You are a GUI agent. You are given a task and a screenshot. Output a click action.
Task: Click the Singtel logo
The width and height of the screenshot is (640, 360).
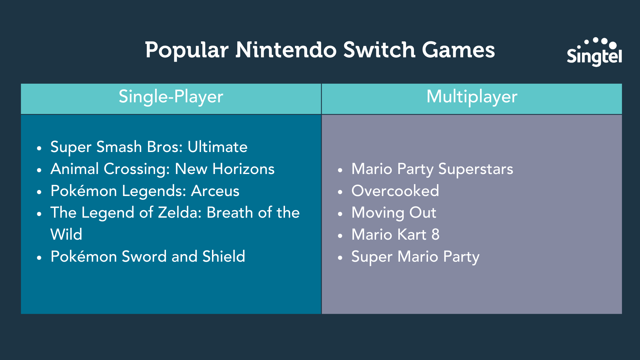pyautogui.click(x=594, y=52)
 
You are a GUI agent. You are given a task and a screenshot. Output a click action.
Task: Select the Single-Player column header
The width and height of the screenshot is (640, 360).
pyautogui.click(x=171, y=97)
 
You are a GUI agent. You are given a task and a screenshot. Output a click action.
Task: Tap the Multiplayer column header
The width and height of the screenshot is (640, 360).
pyautogui.click(x=472, y=97)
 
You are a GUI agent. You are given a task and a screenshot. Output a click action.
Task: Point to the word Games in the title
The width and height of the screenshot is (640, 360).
pyautogui.click(x=458, y=50)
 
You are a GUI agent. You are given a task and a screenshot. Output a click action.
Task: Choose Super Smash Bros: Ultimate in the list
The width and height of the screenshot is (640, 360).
pyautogui.click(x=149, y=147)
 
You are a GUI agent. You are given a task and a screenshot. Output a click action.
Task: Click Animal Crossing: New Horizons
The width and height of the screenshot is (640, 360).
pyautogui.click(x=162, y=169)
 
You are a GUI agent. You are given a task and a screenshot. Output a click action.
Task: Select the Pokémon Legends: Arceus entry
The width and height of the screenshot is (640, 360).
pyautogui.click(x=145, y=191)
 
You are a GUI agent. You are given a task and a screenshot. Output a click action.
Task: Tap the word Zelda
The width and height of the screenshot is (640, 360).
pyautogui.click(x=180, y=213)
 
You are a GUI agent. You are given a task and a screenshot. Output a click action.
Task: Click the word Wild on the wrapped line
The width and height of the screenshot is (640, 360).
pyautogui.click(x=66, y=234)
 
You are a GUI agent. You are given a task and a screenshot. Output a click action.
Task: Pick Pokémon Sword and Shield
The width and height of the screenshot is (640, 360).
pyautogui.click(x=148, y=256)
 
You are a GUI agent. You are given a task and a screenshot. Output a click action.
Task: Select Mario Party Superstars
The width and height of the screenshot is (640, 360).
pyautogui.click(x=432, y=169)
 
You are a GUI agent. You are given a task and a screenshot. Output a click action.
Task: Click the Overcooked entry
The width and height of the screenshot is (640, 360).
pyautogui.click(x=395, y=191)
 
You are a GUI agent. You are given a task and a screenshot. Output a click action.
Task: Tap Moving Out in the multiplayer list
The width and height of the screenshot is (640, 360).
pyautogui.click(x=394, y=213)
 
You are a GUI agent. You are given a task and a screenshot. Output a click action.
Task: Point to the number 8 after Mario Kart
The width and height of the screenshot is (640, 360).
pyautogui.click(x=435, y=234)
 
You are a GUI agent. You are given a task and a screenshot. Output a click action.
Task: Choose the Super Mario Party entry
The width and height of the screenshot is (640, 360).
pyautogui.click(x=415, y=257)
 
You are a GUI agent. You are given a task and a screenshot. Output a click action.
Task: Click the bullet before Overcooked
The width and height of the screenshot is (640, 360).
pyautogui.click(x=340, y=192)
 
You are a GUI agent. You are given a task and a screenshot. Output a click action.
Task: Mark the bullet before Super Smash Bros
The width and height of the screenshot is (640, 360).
pyautogui.click(x=39, y=148)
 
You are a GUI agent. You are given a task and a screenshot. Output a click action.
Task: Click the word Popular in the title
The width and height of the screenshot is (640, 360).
pyautogui.click(x=187, y=50)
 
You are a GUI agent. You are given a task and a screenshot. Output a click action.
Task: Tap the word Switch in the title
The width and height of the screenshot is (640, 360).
pyautogui.click(x=379, y=50)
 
